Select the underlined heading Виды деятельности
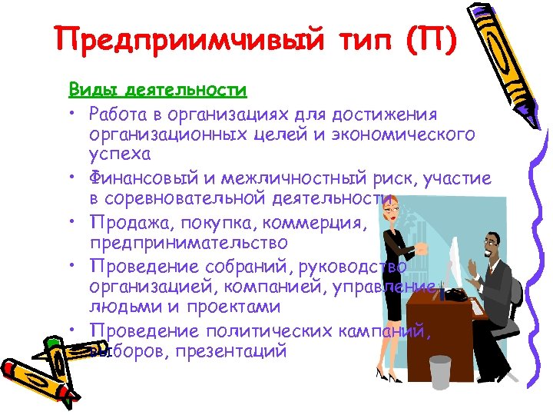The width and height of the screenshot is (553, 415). coord(157,90)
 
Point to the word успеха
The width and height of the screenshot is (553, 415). coord(115,155)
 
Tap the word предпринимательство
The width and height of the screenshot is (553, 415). coord(189,243)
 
